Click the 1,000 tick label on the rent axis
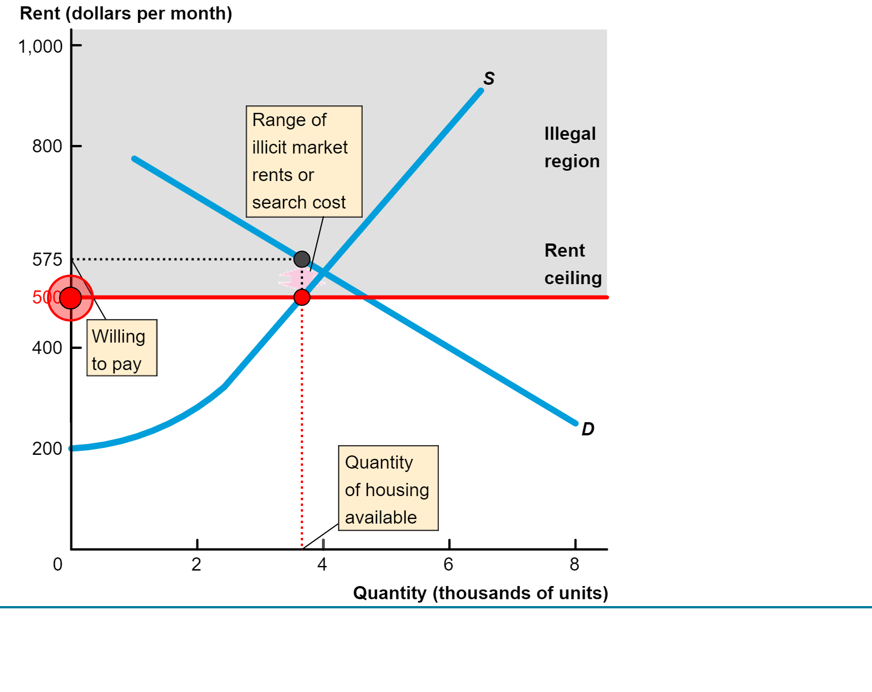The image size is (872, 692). (x=40, y=46)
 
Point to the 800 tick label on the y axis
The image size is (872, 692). (x=47, y=147)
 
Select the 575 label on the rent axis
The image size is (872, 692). (x=47, y=260)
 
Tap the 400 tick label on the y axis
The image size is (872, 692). (x=47, y=348)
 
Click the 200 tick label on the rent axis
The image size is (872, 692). (x=47, y=449)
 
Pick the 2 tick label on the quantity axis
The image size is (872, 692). (x=197, y=565)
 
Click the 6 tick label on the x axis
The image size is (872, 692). (x=449, y=565)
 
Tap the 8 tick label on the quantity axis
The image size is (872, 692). (x=575, y=565)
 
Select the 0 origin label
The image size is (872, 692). (x=57, y=565)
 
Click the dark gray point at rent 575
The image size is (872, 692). (x=302, y=259)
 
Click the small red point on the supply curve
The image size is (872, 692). (x=302, y=297)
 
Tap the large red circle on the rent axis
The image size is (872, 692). (x=70, y=298)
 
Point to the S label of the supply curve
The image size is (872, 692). (x=489, y=78)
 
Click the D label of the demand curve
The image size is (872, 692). (x=588, y=429)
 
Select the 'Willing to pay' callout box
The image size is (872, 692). (x=121, y=348)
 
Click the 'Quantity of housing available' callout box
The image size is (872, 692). (x=388, y=489)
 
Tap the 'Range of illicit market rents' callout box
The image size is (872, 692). (x=304, y=162)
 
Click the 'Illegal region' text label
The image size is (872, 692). (x=571, y=148)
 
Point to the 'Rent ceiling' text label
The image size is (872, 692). (x=572, y=264)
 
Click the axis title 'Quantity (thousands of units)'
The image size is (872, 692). (x=480, y=593)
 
